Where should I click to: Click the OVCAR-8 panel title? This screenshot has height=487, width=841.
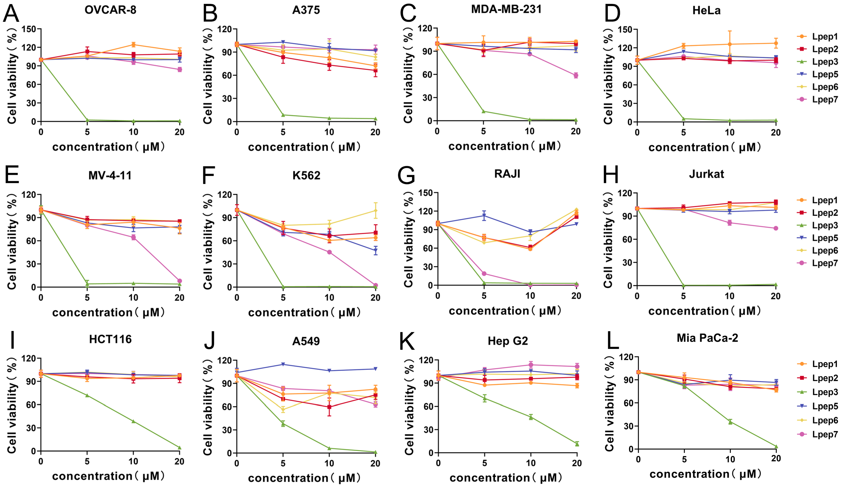click(110, 10)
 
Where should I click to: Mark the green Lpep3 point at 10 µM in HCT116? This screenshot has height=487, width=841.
click(134, 421)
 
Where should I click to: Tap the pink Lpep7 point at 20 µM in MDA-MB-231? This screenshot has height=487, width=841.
click(576, 75)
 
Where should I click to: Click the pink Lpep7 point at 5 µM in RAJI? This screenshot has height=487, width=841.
click(484, 274)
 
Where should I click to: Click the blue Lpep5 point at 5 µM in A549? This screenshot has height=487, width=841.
click(283, 364)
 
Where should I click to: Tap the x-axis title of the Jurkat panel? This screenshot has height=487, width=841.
click(705, 311)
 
